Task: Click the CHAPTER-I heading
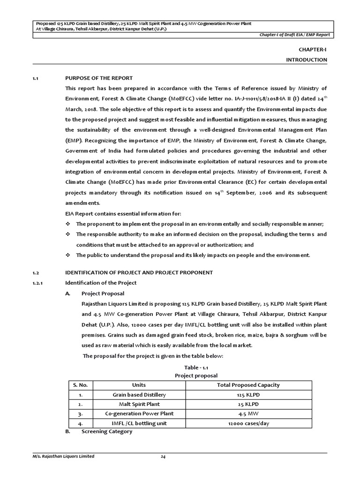coord(313,49)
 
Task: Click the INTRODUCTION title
coord(307,60)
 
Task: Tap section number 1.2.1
coord(37,283)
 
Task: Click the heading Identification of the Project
coord(101,283)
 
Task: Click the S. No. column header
coord(80,385)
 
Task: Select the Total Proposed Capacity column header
coord(248,385)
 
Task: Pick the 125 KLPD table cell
coord(248,395)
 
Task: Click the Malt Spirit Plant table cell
coord(139,404)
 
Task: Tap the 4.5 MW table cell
coord(248,413)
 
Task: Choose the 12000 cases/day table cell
coord(248,423)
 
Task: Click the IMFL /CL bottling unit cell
coord(139,423)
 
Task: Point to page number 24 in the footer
coord(164,456)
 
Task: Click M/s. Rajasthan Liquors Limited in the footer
coord(63,456)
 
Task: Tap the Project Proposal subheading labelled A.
coord(103,293)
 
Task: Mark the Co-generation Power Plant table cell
coord(139,413)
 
